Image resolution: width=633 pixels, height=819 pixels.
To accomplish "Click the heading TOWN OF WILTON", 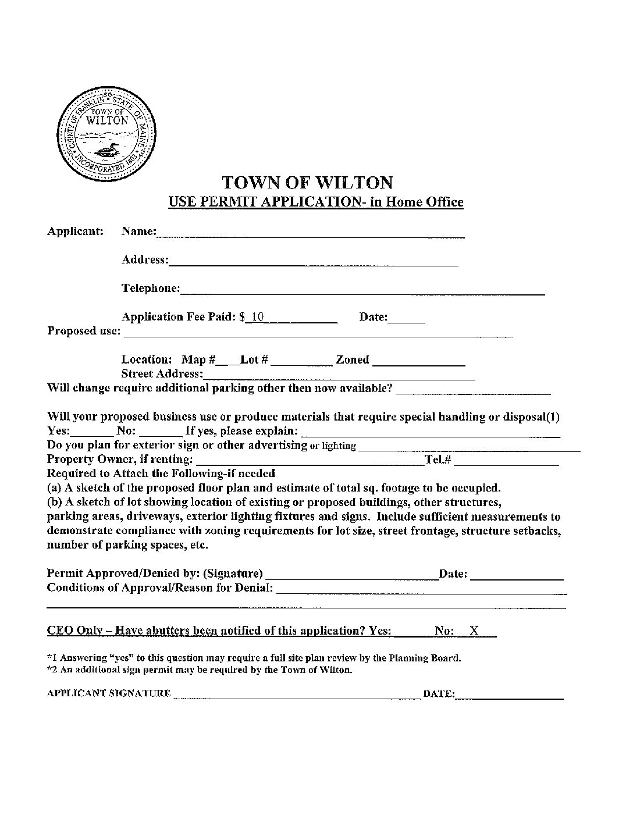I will click(x=308, y=183).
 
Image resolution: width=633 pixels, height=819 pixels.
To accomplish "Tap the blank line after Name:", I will click(x=310, y=234).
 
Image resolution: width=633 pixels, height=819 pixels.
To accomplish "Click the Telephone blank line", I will click(x=362, y=291).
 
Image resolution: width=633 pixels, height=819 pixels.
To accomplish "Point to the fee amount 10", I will click(x=258, y=317).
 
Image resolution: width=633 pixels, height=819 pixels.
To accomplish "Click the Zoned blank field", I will click(x=418, y=362).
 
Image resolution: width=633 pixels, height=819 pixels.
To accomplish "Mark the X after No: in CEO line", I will click(x=474, y=631).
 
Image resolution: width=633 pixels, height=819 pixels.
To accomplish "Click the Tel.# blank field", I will click(x=506, y=462).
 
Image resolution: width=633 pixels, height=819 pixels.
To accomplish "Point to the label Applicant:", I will click(x=75, y=231).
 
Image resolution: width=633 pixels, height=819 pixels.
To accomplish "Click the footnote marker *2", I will click(x=50, y=670).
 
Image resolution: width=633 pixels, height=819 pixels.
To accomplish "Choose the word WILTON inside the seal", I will click(x=106, y=121).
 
